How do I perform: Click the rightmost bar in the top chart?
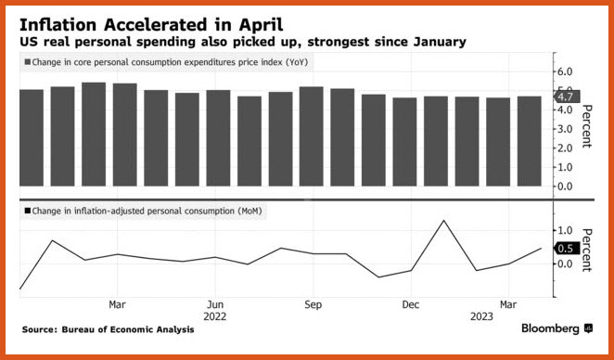pyautogui.click(x=529, y=141)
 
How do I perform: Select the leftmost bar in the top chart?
pyautogui.click(x=32, y=138)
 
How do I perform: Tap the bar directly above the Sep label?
pyautogui.click(x=312, y=136)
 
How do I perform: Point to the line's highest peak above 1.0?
pyautogui.click(x=443, y=221)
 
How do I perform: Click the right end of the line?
pyautogui.click(x=541, y=248)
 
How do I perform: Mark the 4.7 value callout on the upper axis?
pyautogui.click(x=566, y=96)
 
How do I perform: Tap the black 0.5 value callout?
pyautogui.click(x=566, y=249)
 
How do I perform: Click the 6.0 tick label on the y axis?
pyautogui.click(x=563, y=71)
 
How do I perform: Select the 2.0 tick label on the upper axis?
pyautogui.click(x=563, y=148)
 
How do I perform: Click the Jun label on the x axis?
pyautogui.click(x=214, y=304)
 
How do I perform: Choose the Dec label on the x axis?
pyautogui.click(x=410, y=304)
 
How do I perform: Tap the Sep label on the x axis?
pyautogui.click(x=313, y=304)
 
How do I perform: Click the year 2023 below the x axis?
pyautogui.click(x=481, y=316)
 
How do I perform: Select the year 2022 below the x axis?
pyautogui.click(x=214, y=316)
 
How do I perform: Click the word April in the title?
pyautogui.click(x=262, y=26)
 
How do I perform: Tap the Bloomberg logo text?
pyautogui.click(x=550, y=328)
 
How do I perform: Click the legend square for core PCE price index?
pyautogui.click(x=28, y=62)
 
